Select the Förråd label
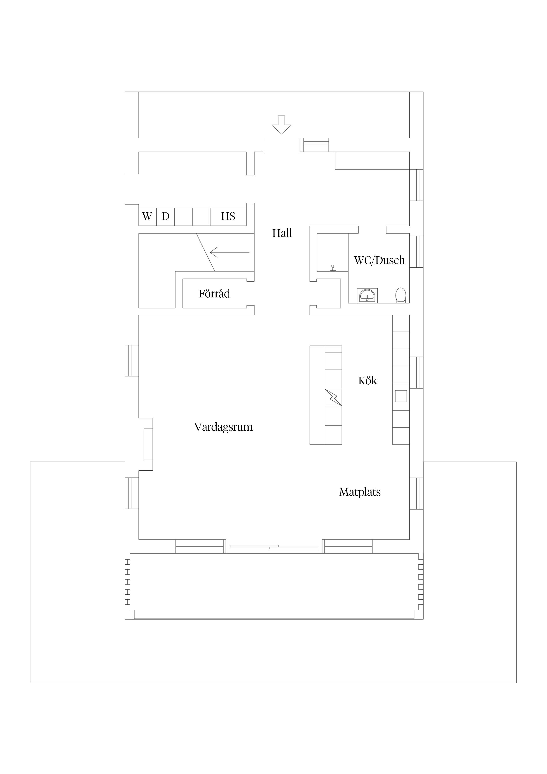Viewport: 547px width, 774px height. click(x=214, y=294)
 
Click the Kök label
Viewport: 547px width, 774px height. click(x=367, y=381)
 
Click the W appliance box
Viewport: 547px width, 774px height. click(x=147, y=216)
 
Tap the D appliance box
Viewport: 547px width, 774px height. click(x=165, y=216)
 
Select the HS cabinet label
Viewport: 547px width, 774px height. click(x=228, y=216)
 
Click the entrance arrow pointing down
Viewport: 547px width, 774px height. click(x=281, y=125)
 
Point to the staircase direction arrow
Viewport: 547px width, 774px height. click(x=229, y=252)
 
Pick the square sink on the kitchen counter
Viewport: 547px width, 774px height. click(x=401, y=396)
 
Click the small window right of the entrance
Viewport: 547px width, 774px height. click(x=316, y=145)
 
